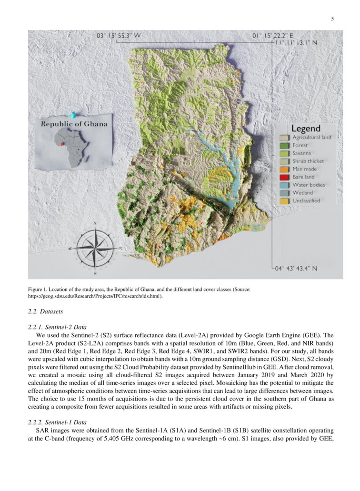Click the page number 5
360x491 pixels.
(x=332, y=19)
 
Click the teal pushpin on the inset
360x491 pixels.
(x=73, y=115)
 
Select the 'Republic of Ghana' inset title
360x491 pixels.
(x=74, y=124)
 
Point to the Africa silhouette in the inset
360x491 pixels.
(x=75, y=147)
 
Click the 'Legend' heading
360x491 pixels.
(x=306, y=129)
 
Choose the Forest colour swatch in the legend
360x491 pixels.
(x=284, y=145)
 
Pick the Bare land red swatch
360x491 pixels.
(x=284, y=177)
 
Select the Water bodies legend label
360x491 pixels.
(x=309, y=185)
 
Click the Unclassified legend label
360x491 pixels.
(x=306, y=200)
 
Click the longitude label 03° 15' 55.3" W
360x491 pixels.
(x=119, y=36)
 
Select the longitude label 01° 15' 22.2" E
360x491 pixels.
(x=272, y=36)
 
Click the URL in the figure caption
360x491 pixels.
(x=95, y=296)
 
